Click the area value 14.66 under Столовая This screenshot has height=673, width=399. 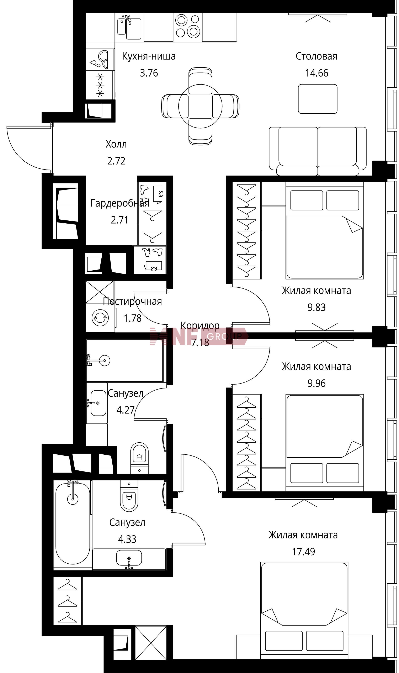click(316, 73)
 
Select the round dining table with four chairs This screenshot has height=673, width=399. click(200, 106)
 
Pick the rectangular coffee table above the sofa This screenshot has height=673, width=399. click(318, 99)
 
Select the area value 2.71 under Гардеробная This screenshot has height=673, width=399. click(119, 220)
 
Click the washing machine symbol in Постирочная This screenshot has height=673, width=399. click(100, 318)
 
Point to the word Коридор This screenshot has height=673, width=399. click(200, 325)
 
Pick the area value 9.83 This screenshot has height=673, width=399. click(316, 307)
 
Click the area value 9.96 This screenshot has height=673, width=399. click(316, 383)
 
